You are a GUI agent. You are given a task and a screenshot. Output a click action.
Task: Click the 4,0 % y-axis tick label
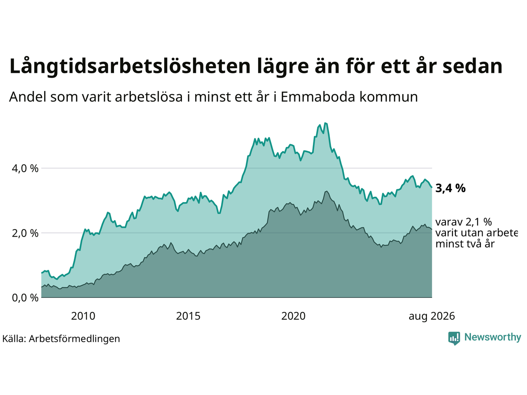tap(25, 169)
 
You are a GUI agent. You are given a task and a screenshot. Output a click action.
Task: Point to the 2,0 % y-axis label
tap(25, 233)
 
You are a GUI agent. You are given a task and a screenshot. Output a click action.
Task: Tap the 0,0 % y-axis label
tap(25, 298)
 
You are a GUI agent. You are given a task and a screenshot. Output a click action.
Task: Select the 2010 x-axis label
tap(83, 316)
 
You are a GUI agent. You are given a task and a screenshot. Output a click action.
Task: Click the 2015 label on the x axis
tap(188, 316)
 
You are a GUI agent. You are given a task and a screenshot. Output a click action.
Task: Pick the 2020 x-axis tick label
tap(293, 316)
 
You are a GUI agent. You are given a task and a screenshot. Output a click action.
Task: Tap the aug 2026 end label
tap(431, 316)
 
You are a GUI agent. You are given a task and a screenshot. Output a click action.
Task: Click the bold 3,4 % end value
tap(450, 188)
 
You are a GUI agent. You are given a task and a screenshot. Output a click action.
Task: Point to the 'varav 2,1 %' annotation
tap(464, 222)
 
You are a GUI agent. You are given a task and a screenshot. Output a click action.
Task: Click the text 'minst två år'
tap(465, 244)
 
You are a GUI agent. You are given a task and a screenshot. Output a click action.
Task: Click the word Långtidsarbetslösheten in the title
tap(130, 67)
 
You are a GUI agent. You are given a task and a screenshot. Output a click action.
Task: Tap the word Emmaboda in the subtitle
tap(317, 97)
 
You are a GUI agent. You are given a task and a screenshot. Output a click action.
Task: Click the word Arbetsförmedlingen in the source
tap(74, 339)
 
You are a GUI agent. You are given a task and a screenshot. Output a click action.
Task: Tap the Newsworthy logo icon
tap(454, 338)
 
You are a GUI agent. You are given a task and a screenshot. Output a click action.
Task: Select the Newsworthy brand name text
tap(493, 337)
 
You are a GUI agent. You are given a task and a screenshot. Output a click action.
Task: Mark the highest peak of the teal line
tap(325, 123)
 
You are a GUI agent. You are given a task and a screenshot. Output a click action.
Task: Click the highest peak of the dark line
tap(326, 191)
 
